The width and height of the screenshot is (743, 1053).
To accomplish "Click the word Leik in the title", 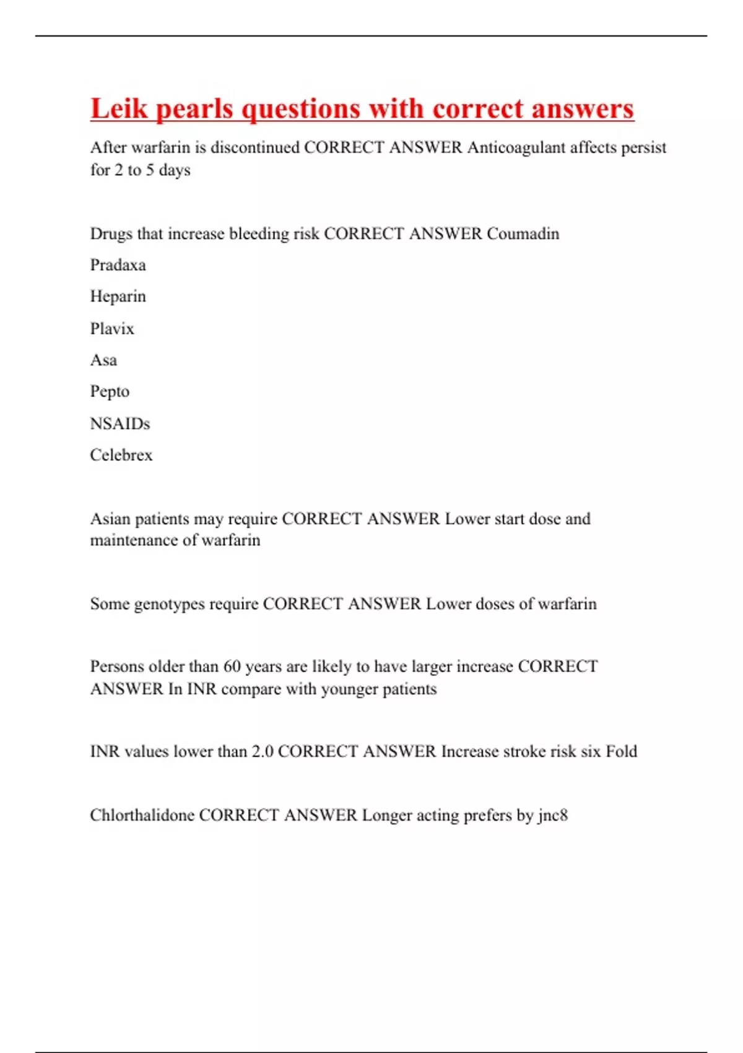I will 119,109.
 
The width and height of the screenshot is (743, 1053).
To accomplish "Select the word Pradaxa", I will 118,265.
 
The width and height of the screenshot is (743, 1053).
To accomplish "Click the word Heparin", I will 118,297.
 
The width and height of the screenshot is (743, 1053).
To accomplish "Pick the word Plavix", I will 112,328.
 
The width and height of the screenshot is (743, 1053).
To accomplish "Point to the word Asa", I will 103,360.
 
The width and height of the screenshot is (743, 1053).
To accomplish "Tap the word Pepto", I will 110,392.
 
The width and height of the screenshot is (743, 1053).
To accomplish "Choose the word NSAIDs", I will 120,424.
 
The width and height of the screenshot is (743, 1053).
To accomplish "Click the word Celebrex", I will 121,455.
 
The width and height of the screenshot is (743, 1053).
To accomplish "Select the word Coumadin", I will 523,234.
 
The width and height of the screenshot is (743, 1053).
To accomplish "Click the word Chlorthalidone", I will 142,815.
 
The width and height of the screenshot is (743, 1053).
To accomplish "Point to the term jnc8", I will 553,815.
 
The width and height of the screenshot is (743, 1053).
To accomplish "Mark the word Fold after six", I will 621,751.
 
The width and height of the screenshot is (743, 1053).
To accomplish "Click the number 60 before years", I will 232,666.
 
